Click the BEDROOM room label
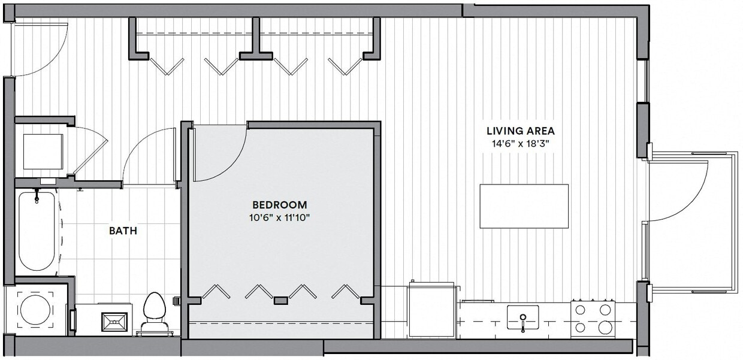(280, 205)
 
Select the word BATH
(123, 230)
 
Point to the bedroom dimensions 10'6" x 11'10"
(280, 217)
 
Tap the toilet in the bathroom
(154, 310)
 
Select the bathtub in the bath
(37, 231)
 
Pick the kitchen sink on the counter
(522, 317)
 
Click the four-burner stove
(593, 318)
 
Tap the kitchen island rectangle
(524, 206)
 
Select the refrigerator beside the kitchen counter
(430, 311)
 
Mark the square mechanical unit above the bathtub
(43, 152)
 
